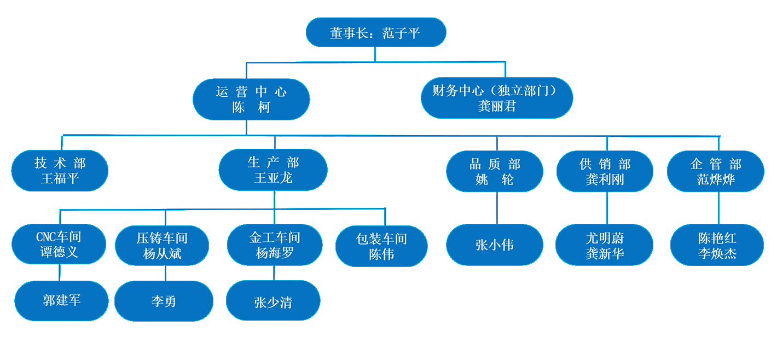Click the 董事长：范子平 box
click(x=375, y=33)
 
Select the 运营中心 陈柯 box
click(x=251, y=99)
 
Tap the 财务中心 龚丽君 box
click(x=496, y=98)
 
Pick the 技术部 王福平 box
click(x=60, y=171)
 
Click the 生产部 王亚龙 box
click(x=273, y=170)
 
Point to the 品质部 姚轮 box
click(x=494, y=171)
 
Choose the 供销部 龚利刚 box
click(x=605, y=171)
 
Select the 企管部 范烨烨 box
click(x=716, y=171)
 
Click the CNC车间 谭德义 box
click(x=59, y=244)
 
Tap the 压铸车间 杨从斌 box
click(x=162, y=246)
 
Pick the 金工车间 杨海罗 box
click(x=274, y=245)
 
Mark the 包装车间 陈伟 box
click(x=381, y=246)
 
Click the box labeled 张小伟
click(x=494, y=245)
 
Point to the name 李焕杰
click(x=717, y=254)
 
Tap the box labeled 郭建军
click(x=61, y=300)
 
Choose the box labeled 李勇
click(x=164, y=301)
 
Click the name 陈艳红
click(x=717, y=238)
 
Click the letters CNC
click(x=45, y=237)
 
